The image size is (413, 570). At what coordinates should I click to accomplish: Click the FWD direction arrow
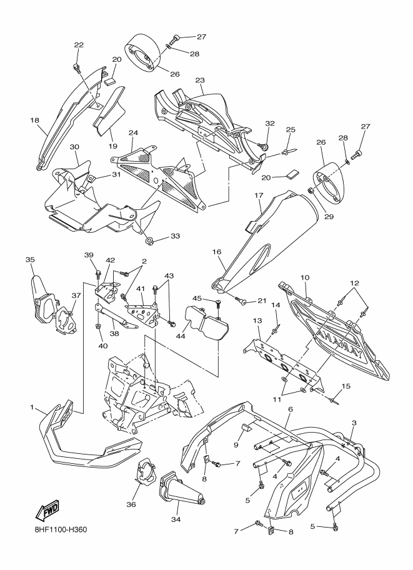47,509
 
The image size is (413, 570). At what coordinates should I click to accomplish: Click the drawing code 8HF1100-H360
59,529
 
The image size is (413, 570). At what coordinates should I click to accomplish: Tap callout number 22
79,45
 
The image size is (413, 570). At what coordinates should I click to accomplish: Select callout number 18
34,120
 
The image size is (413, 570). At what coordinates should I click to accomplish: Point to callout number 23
200,81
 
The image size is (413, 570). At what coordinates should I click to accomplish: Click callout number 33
175,236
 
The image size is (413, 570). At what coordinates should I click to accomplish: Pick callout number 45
197,298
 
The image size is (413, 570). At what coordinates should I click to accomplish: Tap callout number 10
304,278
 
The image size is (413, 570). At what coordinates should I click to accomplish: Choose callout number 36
131,504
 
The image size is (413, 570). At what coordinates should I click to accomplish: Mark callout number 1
32,408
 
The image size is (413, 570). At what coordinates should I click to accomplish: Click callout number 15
346,386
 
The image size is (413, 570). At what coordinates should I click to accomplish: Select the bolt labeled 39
98,273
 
